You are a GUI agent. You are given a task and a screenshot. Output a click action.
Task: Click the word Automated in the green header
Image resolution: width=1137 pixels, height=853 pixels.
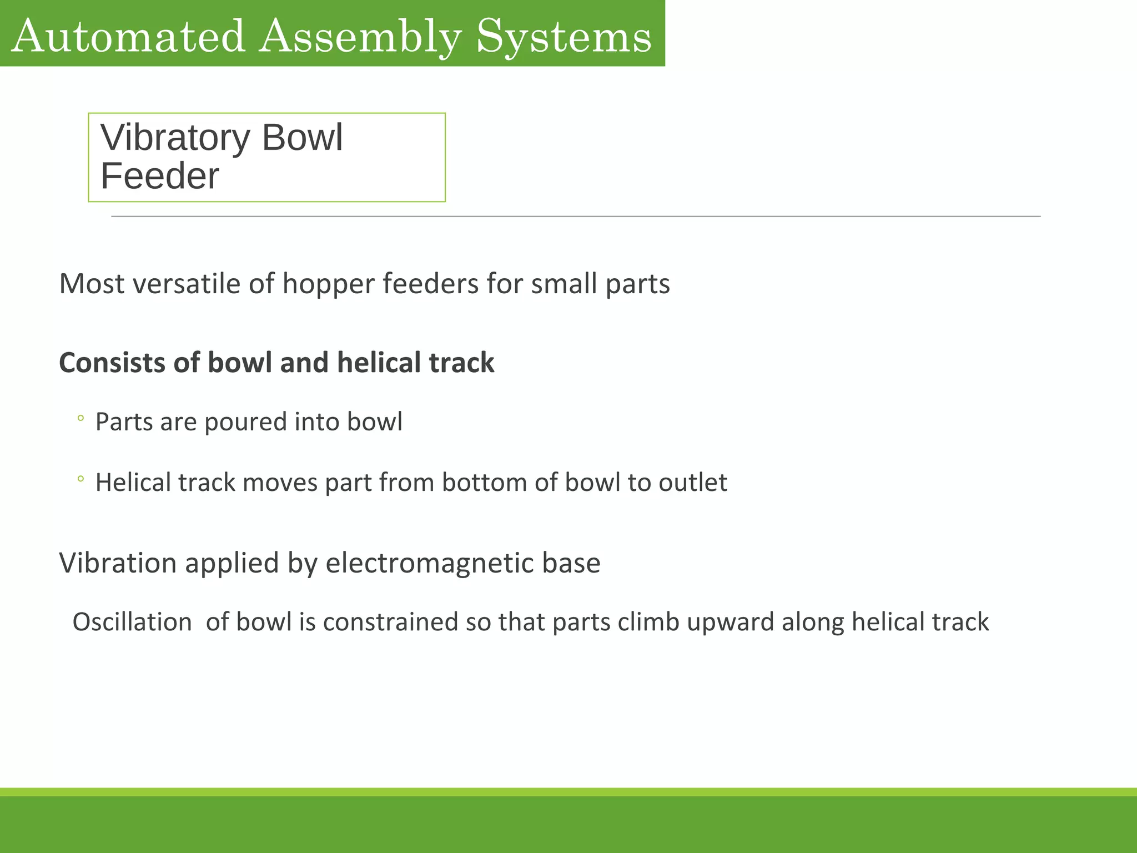coord(128,36)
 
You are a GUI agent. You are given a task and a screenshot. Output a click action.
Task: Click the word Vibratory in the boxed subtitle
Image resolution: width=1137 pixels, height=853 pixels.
coord(175,138)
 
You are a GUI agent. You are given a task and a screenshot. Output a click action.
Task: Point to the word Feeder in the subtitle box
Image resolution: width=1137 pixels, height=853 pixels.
coord(160,176)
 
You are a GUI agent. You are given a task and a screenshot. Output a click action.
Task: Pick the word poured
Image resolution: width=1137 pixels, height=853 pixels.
coord(246,423)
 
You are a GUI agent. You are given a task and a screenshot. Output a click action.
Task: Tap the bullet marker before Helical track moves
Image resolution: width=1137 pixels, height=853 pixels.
coord(81,479)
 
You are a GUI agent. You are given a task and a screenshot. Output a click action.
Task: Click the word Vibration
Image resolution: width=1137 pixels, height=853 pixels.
coord(118,563)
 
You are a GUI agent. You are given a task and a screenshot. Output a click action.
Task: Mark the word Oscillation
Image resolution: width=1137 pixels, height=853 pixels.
coord(132,622)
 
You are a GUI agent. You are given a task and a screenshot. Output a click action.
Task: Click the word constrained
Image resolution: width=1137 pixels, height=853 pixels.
coord(390,622)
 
